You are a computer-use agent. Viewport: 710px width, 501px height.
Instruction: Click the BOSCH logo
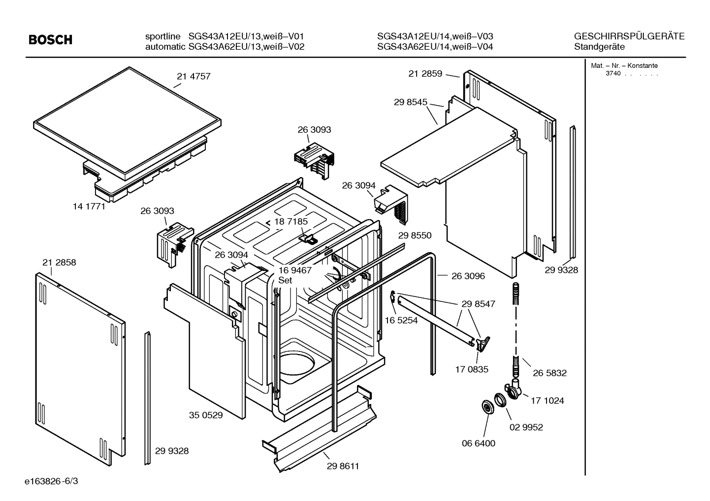51,40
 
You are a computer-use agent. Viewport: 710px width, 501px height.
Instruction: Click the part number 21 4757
194,76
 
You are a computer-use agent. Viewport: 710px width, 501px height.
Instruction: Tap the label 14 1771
89,206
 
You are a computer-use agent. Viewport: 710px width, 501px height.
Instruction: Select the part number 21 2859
425,74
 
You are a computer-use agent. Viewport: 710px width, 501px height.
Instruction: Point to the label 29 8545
411,102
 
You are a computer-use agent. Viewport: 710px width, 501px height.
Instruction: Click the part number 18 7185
290,222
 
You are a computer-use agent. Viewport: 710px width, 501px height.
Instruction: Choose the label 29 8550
415,236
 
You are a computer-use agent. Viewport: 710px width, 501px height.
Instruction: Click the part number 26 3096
468,276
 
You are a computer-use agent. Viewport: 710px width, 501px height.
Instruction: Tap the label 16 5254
401,321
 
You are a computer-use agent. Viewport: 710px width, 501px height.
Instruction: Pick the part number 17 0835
472,369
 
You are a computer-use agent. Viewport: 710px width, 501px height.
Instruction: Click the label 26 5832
549,373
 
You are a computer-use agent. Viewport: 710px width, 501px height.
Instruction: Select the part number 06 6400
479,443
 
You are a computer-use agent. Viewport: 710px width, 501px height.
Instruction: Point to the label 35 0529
206,415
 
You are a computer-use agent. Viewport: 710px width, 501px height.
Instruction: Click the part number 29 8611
343,466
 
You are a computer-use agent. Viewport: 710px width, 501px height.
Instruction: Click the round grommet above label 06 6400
487,407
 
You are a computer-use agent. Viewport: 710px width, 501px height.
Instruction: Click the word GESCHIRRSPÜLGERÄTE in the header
629,36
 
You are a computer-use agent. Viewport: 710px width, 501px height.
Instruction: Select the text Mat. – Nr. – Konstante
624,66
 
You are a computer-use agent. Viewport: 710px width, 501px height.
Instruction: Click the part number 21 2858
59,263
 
